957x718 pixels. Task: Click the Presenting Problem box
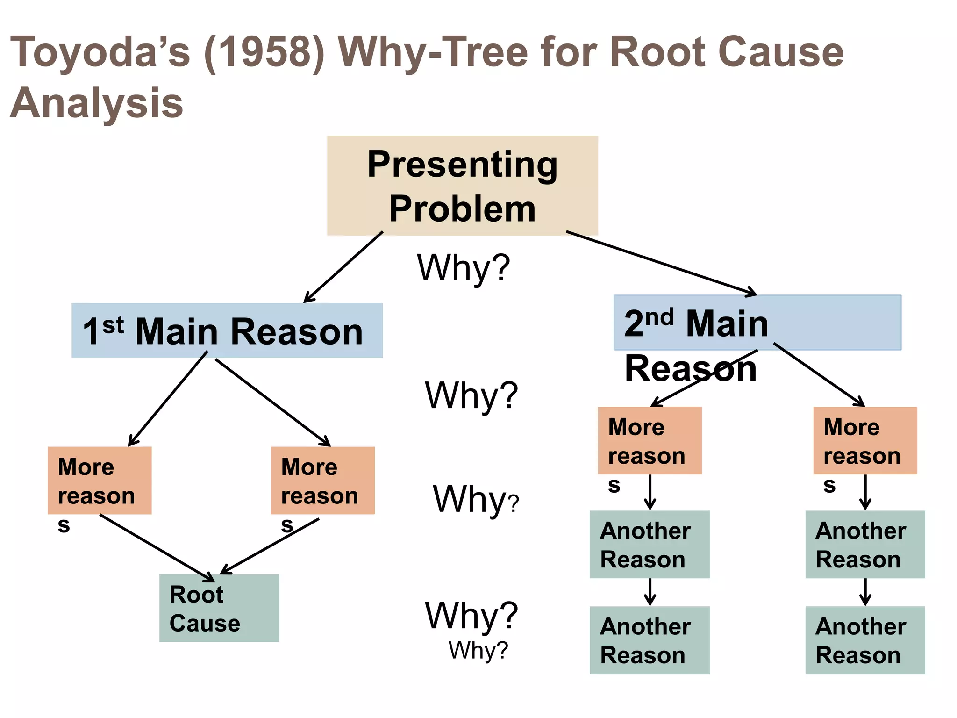(462, 186)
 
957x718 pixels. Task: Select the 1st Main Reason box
(227, 330)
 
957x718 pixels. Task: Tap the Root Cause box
(219, 608)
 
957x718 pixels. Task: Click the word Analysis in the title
(97, 103)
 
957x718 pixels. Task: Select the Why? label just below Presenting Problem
(463, 267)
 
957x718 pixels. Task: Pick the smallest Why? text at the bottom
(478, 650)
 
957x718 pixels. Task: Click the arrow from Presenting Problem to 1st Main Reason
(343, 267)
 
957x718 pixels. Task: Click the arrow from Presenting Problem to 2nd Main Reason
(661, 263)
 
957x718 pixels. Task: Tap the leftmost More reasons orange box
(100, 481)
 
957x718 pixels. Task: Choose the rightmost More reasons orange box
(865, 440)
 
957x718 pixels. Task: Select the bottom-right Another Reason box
(865, 640)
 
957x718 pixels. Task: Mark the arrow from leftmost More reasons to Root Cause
(157, 547)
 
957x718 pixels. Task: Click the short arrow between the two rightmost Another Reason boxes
(865, 592)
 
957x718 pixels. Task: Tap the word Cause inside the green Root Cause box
(205, 623)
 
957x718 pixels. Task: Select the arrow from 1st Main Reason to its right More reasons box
(272, 402)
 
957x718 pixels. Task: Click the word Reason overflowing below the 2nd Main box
(690, 369)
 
